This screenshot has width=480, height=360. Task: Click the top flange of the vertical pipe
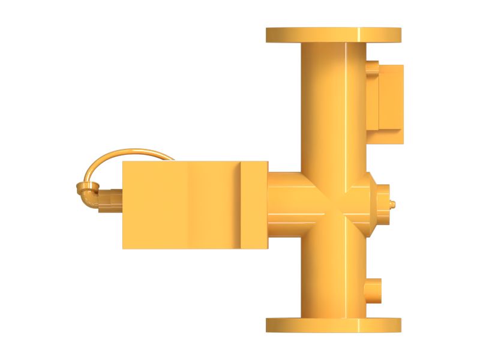pyautogui.click(x=333, y=35)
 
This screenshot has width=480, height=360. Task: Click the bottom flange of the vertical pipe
pyautogui.click(x=333, y=325)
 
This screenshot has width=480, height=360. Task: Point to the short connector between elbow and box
pyautogui.click(x=111, y=200)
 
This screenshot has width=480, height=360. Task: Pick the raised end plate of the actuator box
pyautogui.click(x=254, y=204)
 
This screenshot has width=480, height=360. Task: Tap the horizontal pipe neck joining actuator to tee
pyautogui.click(x=285, y=204)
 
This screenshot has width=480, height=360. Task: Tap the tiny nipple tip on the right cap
pyautogui.click(x=394, y=204)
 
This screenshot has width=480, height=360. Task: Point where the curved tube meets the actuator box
pyautogui.click(x=172, y=159)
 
